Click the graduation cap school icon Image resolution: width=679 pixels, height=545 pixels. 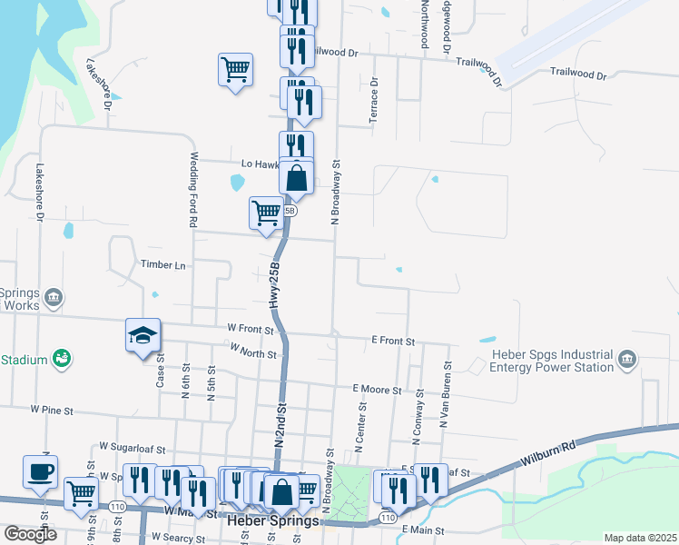[143, 336]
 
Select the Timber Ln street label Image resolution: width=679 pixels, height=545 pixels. [162, 265]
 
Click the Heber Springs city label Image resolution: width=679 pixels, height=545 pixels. [271, 521]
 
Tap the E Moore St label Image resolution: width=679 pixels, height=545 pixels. [377, 390]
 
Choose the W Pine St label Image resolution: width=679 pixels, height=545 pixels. [51, 411]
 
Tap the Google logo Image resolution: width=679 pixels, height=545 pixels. [31, 534]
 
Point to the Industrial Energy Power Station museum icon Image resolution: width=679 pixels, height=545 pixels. [626, 360]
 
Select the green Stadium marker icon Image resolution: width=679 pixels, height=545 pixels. [62, 360]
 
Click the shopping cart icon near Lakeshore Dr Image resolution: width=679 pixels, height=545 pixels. [235, 69]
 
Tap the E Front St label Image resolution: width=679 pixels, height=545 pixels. [392, 342]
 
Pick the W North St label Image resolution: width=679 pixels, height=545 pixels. [252, 351]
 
